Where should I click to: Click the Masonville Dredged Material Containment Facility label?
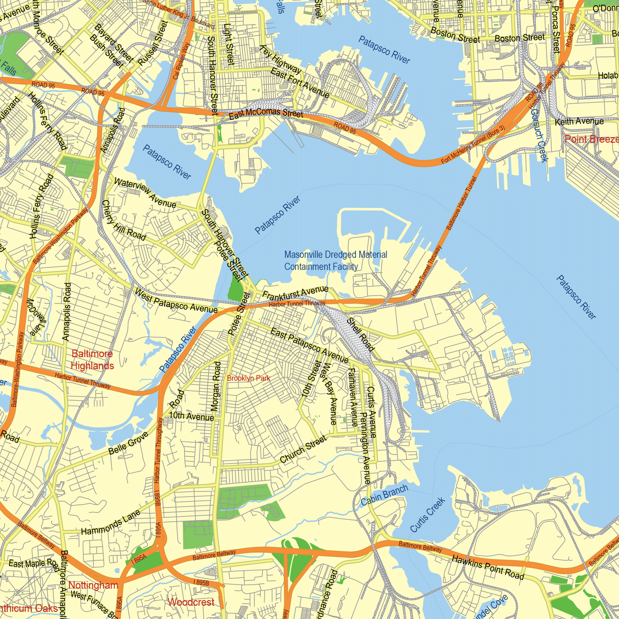pos(335,261)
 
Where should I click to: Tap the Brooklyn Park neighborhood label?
pos(248,378)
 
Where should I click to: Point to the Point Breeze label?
pos(591,139)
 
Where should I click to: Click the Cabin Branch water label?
pos(384,495)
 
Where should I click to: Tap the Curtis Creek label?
pos(427,515)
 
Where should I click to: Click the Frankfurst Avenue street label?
pos(295,292)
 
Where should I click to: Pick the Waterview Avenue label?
pos(145,193)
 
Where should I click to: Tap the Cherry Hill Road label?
pos(124,221)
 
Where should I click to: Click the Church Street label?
pos(303,449)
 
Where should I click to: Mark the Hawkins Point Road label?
pos(488,568)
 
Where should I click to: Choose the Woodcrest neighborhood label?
pos(191,602)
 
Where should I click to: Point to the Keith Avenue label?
pos(579,122)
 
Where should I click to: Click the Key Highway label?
pos(281,60)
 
